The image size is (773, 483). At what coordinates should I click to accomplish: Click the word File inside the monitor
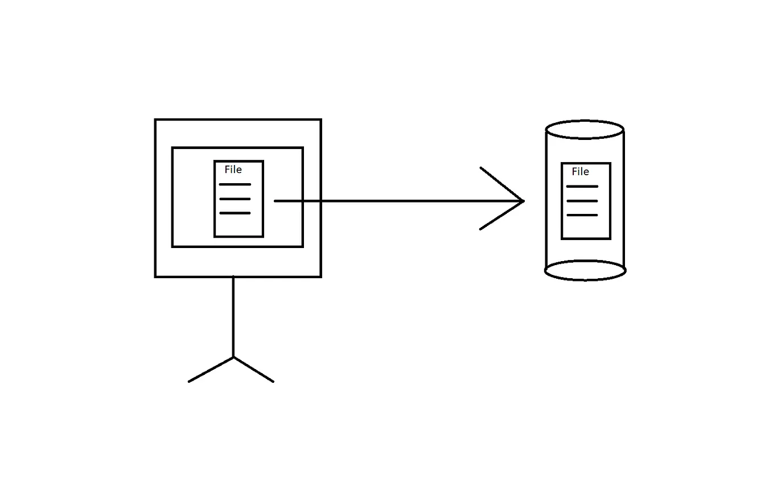[x=233, y=170]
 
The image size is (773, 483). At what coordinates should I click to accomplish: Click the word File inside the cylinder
[x=580, y=171]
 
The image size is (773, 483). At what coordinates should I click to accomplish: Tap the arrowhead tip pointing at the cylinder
[x=522, y=201]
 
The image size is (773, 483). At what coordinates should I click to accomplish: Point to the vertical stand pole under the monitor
[x=233, y=316]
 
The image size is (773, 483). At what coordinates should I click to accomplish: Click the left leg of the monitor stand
[x=211, y=369]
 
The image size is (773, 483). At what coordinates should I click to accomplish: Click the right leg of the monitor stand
[x=254, y=369]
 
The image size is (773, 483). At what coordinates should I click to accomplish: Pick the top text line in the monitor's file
[x=235, y=184]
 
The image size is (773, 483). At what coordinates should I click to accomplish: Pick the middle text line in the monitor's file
[x=235, y=199]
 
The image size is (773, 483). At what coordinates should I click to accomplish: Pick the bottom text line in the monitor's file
[x=235, y=213]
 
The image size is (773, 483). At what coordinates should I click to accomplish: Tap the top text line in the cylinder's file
[x=582, y=187]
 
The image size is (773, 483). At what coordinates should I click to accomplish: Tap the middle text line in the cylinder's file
[x=582, y=201]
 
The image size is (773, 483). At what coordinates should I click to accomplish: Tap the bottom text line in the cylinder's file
[x=582, y=215]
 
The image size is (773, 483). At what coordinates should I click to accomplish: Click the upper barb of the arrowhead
[x=501, y=183]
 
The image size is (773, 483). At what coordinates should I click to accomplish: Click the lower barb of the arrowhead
[x=501, y=216]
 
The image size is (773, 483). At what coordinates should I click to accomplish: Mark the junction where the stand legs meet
[x=233, y=357]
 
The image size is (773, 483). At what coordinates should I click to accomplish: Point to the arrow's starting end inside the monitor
[x=276, y=201]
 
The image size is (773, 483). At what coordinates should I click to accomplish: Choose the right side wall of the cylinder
[x=624, y=199]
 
